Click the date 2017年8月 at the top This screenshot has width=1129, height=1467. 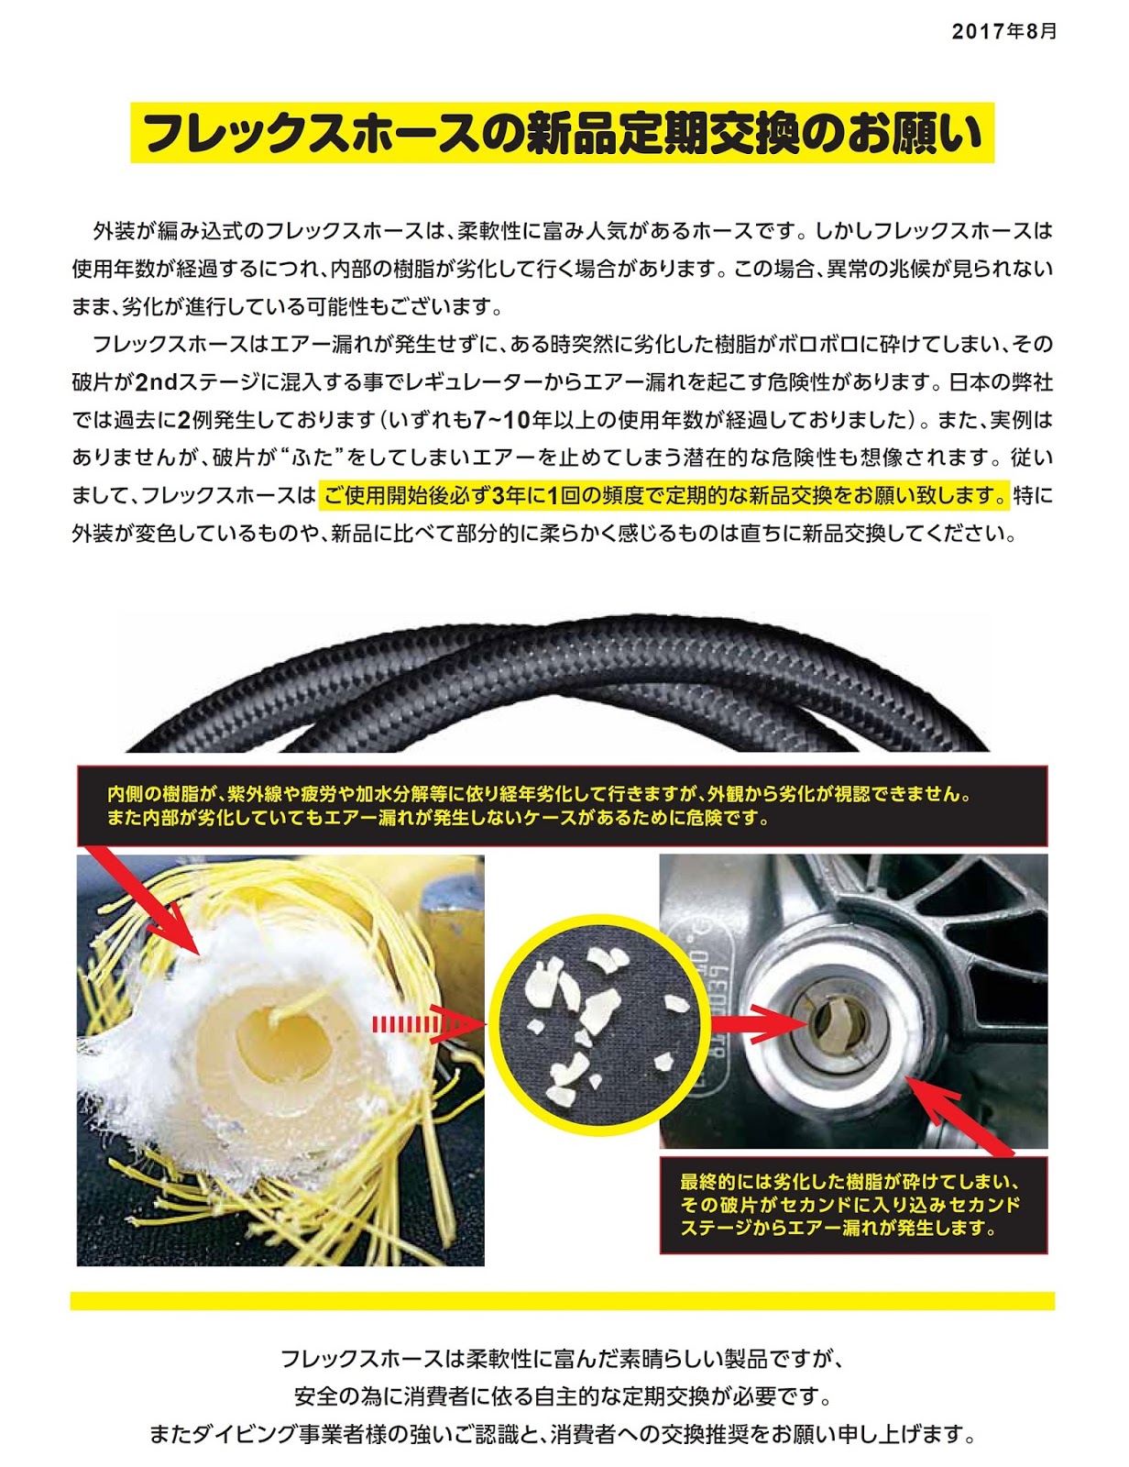tap(1003, 32)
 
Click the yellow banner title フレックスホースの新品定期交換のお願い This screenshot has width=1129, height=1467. tap(562, 133)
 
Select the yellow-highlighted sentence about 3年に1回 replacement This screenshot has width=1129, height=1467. tap(664, 496)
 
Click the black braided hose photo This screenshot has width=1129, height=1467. tap(557, 683)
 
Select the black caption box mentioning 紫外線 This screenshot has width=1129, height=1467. tap(562, 805)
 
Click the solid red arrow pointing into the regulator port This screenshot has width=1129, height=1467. tap(757, 1024)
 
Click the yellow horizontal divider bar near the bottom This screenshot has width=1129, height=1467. tap(562, 1301)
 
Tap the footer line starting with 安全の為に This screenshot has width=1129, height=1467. tap(562, 1395)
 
